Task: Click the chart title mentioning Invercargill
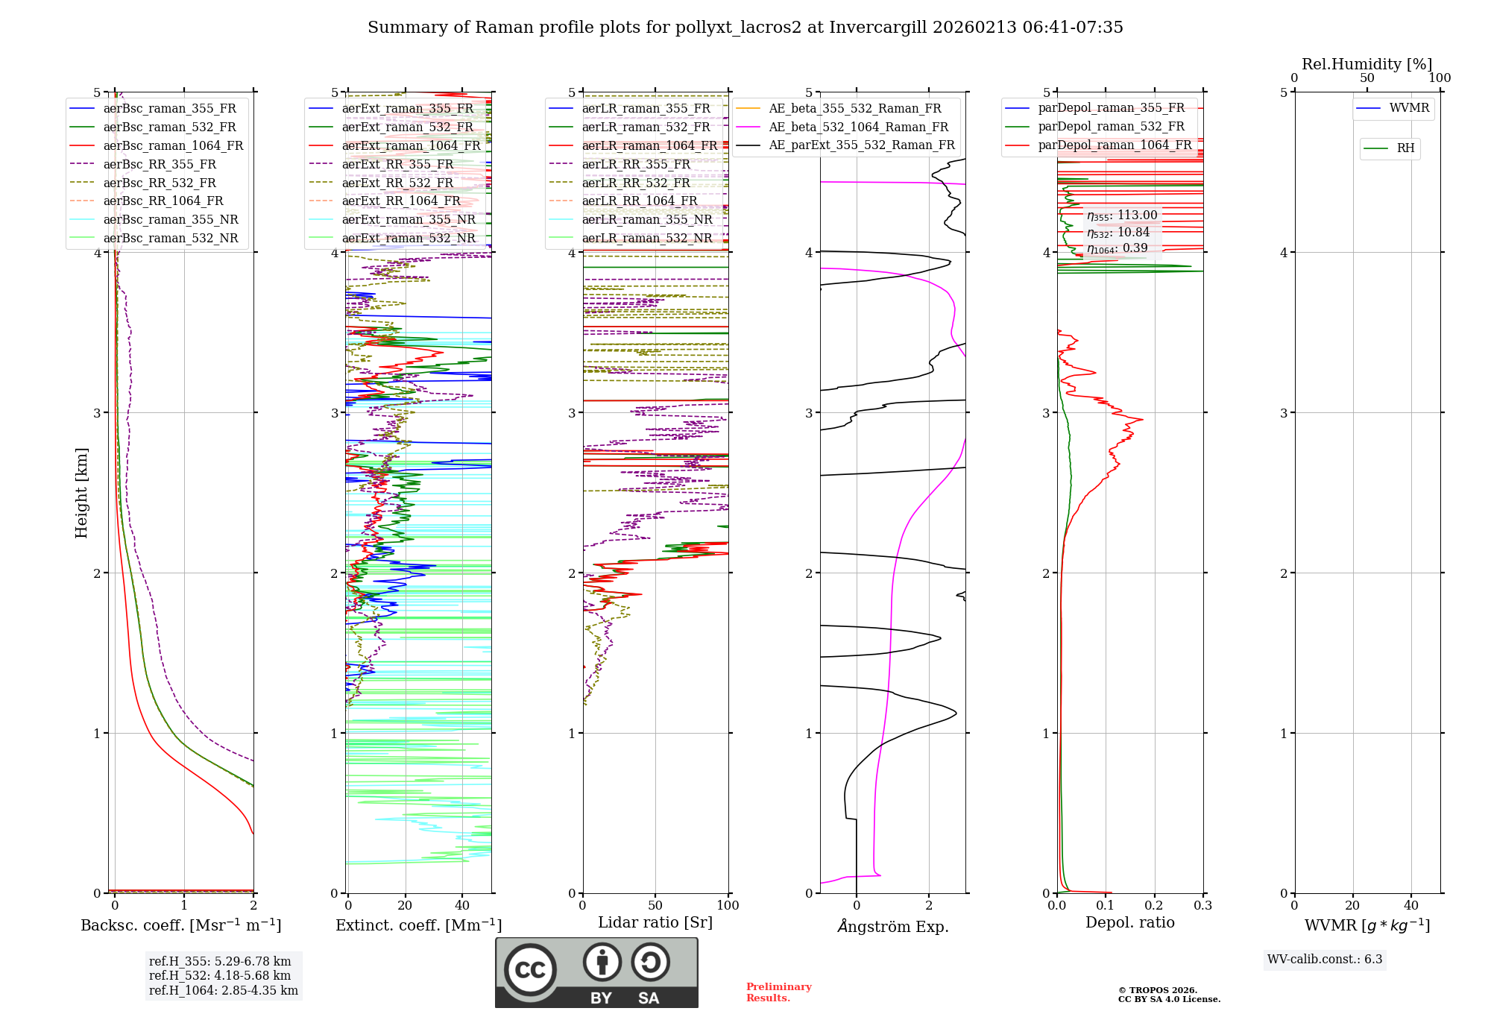tap(745, 28)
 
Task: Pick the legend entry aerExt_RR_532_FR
tap(397, 183)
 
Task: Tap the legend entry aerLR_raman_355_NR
tap(646, 219)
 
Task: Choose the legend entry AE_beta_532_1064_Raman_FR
tap(858, 127)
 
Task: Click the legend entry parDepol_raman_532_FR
tap(1111, 126)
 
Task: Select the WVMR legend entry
tap(1408, 108)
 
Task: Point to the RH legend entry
tap(1405, 148)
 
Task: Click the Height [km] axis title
tap(81, 492)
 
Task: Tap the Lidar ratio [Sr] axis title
tap(655, 922)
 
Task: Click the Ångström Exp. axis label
tap(892, 927)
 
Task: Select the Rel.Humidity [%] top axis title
tap(1367, 64)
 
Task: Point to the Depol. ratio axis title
tap(1129, 922)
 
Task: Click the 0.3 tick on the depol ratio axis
tap(1202, 906)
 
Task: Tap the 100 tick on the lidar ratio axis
tap(728, 906)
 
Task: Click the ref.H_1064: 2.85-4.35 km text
tap(223, 991)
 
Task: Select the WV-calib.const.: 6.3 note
tap(1324, 960)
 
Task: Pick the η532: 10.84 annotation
tap(1118, 233)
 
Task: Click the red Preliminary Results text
tap(778, 992)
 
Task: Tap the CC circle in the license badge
tap(530, 969)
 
